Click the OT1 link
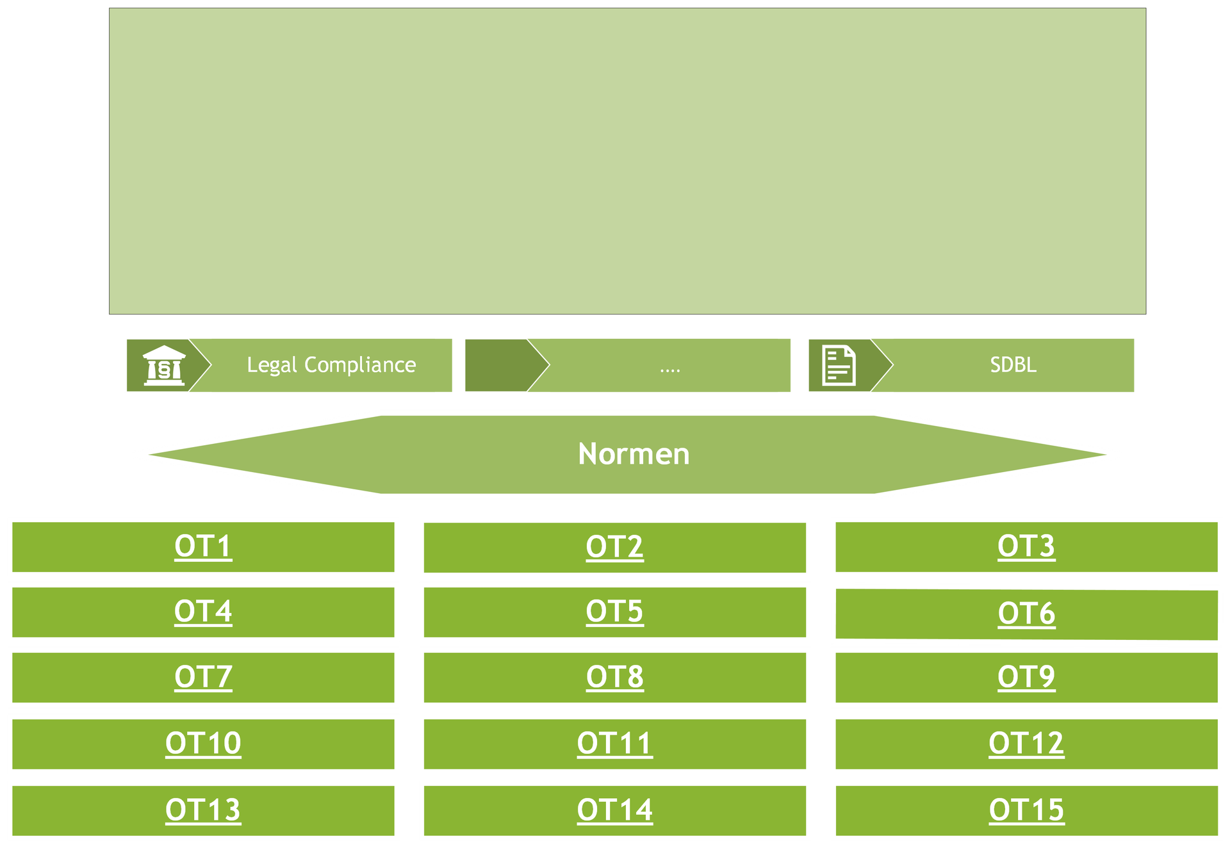203,546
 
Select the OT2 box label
614,547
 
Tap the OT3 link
1026,546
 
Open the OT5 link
614,612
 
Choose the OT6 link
1026,614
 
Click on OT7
203,677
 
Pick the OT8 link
614,677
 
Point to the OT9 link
1026,677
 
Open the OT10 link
203,744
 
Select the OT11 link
614,744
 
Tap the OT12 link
1026,744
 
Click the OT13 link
203,810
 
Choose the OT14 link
614,810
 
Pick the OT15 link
1026,810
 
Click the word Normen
634,454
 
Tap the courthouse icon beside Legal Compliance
164,365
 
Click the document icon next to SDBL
839,365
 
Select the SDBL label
1013,365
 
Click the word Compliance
360,366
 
